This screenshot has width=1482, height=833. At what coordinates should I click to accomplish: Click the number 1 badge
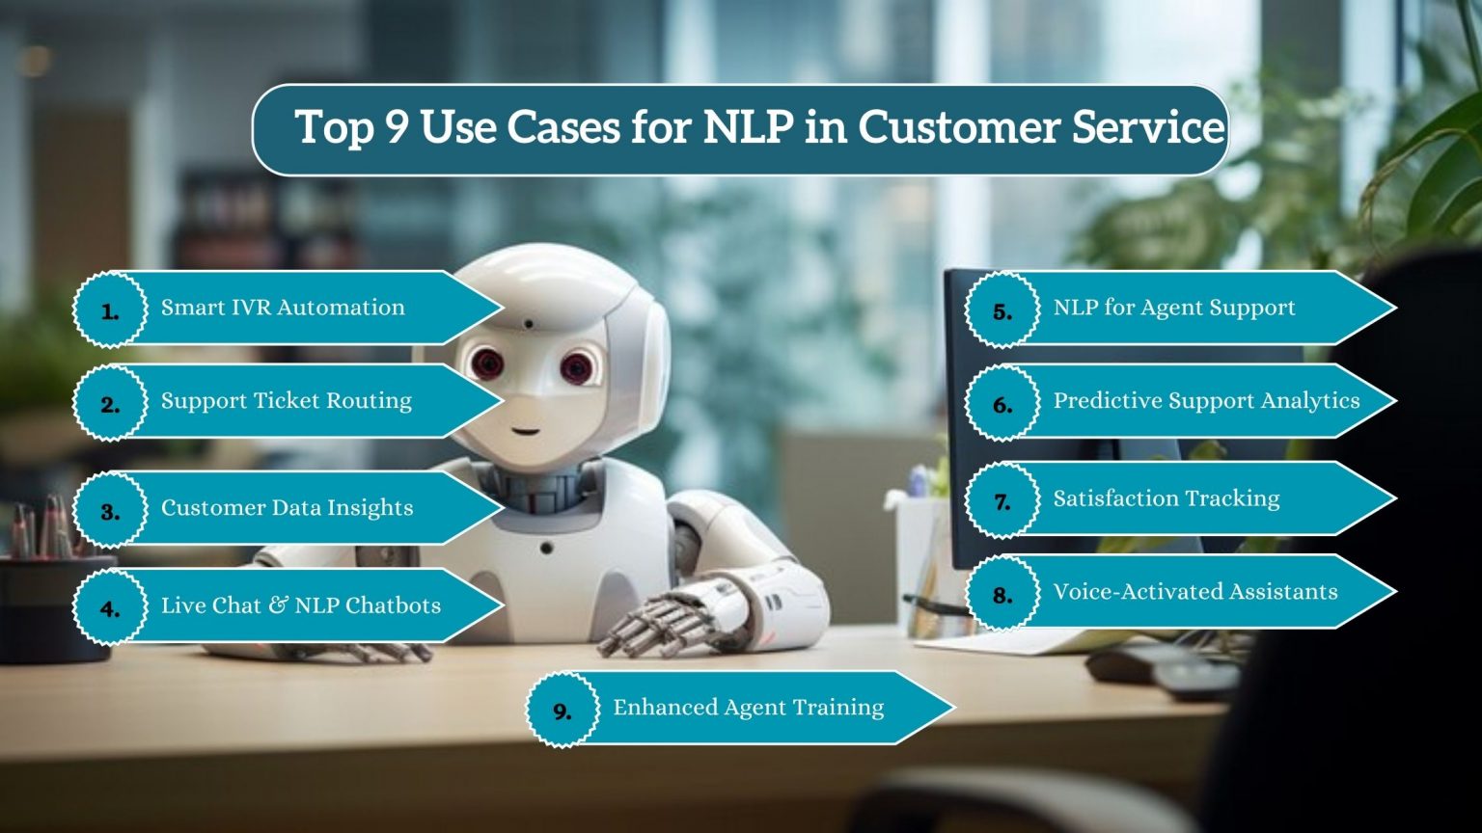tap(110, 309)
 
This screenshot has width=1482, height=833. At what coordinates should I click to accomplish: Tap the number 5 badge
tap(1002, 309)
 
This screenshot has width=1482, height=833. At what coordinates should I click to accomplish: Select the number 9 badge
tap(562, 711)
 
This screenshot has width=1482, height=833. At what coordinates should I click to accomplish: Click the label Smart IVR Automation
tap(283, 308)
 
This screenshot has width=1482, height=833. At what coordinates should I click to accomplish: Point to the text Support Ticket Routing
tap(286, 401)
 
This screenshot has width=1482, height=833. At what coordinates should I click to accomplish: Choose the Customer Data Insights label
tap(287, 508)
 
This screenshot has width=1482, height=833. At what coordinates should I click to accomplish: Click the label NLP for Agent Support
tap(1173, 308)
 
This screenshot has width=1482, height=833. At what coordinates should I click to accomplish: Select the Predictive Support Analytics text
tap(1206, 401)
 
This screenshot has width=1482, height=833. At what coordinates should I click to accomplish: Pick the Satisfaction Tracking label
tap(1166, 498)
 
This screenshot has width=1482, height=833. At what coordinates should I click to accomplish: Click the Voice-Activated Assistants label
tap(1194, 592)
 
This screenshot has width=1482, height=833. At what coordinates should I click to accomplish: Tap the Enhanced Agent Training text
tap(748, 708)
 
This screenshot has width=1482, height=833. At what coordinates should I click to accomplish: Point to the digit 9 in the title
tap(398, 128)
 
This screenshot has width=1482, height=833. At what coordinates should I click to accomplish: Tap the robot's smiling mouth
tap(525, 429)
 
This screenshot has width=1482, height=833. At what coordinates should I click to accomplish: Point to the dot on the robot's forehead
tap(528, 324)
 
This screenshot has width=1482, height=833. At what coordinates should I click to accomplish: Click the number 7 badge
tap(1002, 500)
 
